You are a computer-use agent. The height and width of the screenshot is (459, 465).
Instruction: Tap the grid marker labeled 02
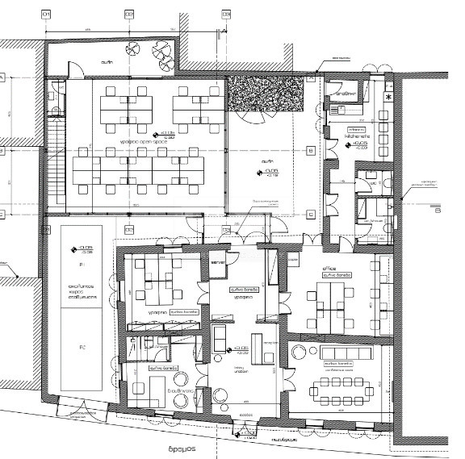(x=128, y=15)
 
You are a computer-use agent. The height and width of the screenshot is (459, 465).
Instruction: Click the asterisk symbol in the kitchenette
(x=389, y=98)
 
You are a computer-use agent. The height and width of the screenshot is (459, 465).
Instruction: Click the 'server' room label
(x=216, y=263)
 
